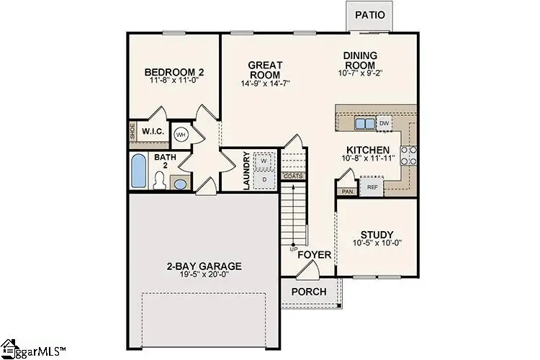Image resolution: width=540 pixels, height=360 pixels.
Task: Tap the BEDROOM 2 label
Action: tap(174, 73)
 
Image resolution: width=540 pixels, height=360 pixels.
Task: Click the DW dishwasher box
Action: tap(384, 123)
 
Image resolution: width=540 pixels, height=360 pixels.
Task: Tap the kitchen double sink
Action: tap(365, 124)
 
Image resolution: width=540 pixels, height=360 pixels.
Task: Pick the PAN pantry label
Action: tap(346, 192)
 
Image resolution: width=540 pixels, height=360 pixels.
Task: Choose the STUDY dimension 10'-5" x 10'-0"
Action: tap(377, 244)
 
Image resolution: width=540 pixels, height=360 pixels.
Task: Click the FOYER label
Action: tap(315, 255)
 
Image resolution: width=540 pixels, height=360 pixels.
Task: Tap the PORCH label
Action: tap(309, 292)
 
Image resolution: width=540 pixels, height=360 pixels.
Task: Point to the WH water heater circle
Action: tap(181, 134)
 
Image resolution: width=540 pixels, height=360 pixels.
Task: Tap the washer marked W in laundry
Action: tap(264, 161)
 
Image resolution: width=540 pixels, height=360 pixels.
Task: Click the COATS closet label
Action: tap(293, 176)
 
